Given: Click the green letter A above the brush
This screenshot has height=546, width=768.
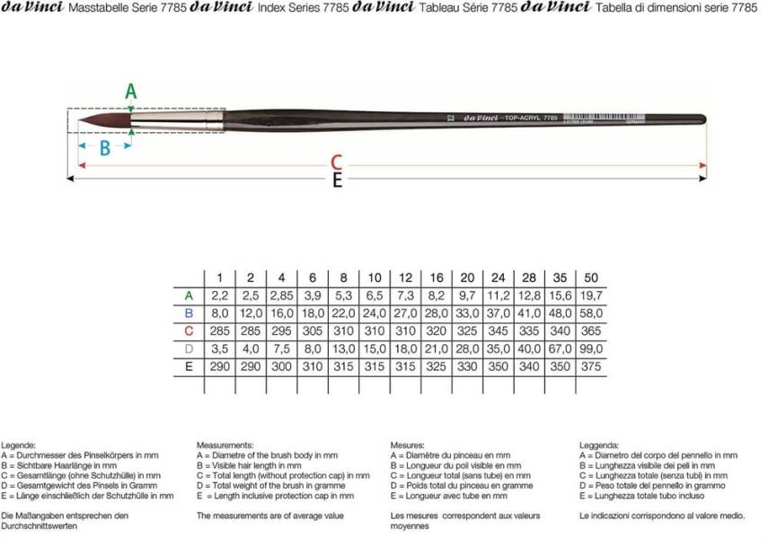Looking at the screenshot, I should [130, 91].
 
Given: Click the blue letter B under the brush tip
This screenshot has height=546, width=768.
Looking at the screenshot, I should [105, 148].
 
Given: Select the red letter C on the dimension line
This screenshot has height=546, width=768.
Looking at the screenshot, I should [336, 163].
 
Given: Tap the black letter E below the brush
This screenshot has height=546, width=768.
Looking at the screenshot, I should [337, 181].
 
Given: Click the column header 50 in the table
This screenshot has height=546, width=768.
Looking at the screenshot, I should [590, 277].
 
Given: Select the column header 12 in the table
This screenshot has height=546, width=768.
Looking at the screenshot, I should [406, 277].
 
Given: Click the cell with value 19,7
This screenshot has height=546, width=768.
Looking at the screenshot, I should [590, 295].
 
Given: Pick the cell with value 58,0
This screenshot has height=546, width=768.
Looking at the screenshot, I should [590, 313].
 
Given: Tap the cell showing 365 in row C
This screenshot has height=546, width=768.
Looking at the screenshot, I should [590, 330].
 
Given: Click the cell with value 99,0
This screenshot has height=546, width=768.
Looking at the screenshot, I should [590, 348].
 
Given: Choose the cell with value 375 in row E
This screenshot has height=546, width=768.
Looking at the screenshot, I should [590, 366].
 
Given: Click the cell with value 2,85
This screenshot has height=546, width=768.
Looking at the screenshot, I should [281, 295].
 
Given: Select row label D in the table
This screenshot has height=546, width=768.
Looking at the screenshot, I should [189, 348].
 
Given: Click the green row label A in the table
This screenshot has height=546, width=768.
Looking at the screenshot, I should [189, 295].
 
